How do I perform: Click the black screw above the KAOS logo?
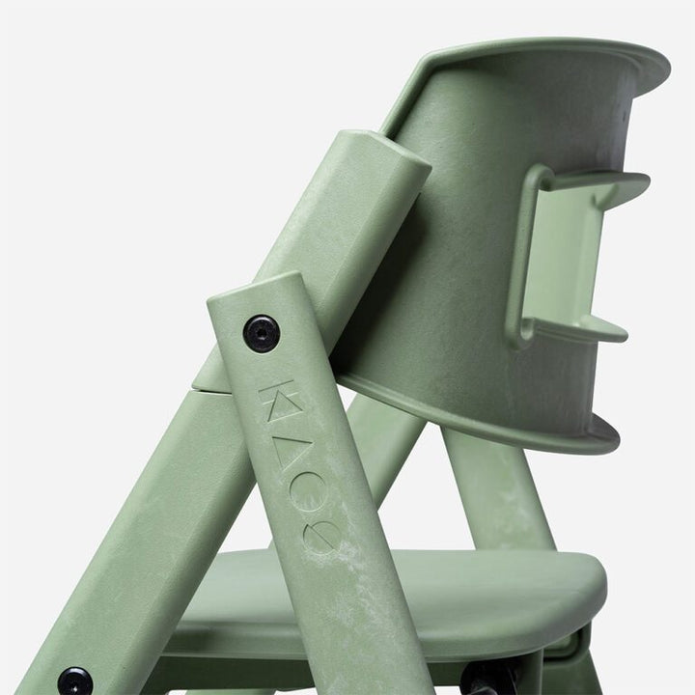pos(260,333)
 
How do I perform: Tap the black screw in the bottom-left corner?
pos(74,681)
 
